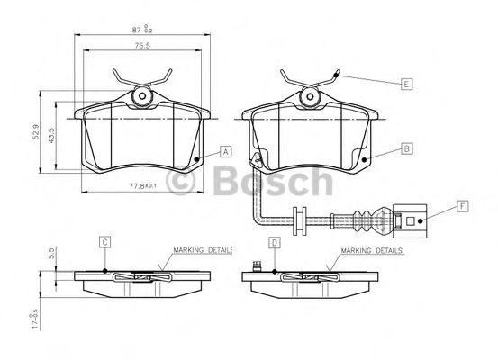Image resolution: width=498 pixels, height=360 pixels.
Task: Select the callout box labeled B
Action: pos(406,148)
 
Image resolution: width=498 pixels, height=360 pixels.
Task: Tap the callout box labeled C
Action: pos(105,241)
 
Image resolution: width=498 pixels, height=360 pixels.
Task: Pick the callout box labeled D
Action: pos(273,241)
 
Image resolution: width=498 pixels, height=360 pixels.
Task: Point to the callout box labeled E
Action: pos(406,84)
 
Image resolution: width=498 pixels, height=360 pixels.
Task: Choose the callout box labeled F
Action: pos(462,207)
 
